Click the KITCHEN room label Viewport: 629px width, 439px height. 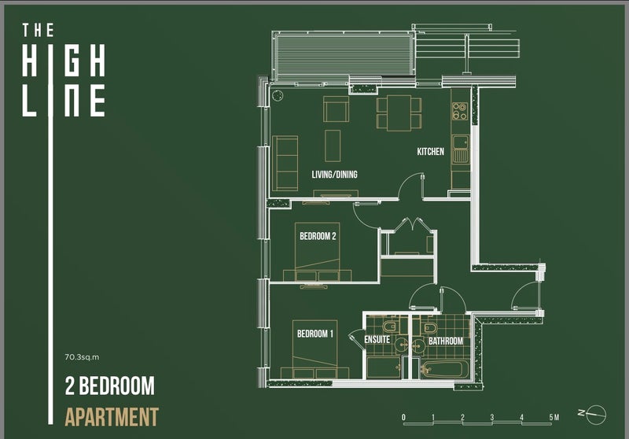click(x=430, y=152)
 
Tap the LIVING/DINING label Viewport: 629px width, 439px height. click(x=335, y=175)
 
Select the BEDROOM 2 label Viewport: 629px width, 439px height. click(x=318, y=236)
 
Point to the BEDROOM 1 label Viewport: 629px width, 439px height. click(x=315, y=334)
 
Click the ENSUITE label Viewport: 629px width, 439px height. click(x=377, y=340)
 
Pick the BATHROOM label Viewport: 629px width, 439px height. click(x=446, y=341)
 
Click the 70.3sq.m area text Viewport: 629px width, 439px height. click(x=82, y=356)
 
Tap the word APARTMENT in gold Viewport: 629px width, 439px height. click(x=112, y=417)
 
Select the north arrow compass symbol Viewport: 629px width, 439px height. click(x=595, y=414)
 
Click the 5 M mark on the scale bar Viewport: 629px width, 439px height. click(x=554, y=417)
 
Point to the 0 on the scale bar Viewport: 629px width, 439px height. click(x=403, y=417)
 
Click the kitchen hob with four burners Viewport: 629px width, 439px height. click(x=460, y=111)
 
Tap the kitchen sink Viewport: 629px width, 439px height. click(x=461, y=149)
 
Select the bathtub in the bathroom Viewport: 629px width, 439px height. click(x=445, y=369)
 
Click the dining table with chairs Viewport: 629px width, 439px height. click(x=399, y=113)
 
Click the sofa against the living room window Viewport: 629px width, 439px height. click(x=285, y=163)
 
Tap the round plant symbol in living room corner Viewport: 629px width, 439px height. click(x=278, y=96)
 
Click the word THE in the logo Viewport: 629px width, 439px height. click(x=38, y=31)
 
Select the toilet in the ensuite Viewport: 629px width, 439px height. click(x=390, y=326)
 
